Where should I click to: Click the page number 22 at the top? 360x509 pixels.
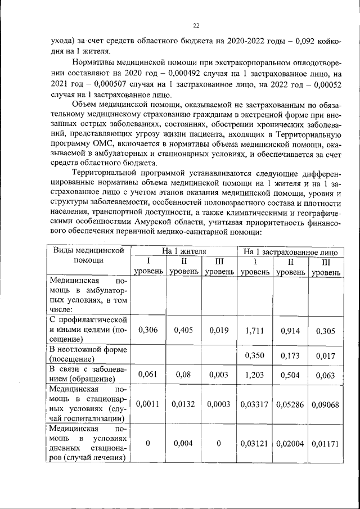(196, 25)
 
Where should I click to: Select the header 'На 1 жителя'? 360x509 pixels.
(184, 251)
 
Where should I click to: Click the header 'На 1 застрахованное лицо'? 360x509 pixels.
(291, 251)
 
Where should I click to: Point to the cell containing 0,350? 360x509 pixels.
(255, 355)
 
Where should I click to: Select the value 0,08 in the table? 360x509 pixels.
(184, 373)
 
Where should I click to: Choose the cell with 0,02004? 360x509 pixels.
(291, 443)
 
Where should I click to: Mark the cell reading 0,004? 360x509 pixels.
(184, 443)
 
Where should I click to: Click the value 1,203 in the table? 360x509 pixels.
(255, 373)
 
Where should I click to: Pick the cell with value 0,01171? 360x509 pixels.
(326, 443)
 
